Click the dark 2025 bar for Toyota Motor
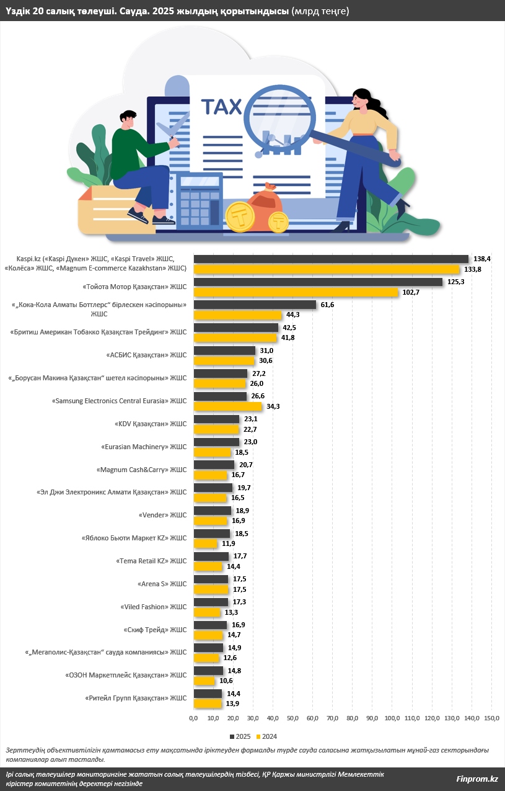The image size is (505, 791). click(x=318, y=282)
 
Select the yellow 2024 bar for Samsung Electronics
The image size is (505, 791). click(x=228, y=406)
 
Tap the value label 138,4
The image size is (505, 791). click(x=481, y=259)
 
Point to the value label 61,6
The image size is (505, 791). click(x=326, y=305)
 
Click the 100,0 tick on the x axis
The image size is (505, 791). click(x=393, y=718)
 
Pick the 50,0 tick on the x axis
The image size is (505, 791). click(x=293, y=718)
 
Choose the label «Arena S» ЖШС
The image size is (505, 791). click(x=161, y=584)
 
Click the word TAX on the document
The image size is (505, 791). click(x=221, y=107)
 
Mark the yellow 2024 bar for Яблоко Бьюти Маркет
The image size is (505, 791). click(x=206, y=544)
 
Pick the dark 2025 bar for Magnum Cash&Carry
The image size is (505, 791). click(x=214, y=465)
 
